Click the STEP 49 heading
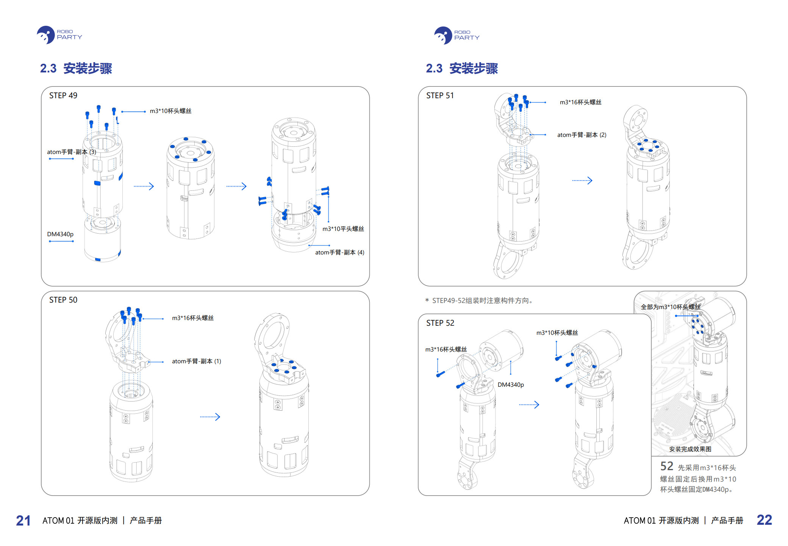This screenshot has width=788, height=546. [63, 96]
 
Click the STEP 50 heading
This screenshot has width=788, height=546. [63, 300]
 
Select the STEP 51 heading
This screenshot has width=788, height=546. [440, 96]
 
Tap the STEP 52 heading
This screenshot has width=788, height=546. [440, 323]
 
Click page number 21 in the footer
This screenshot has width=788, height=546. [23, 520]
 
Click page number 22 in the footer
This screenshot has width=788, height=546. [764, 520]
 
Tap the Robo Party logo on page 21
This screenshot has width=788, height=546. [59, 35]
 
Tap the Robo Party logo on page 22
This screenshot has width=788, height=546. [457, 35]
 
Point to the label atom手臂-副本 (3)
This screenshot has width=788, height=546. [72, 152]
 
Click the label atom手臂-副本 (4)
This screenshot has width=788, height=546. [339, 253]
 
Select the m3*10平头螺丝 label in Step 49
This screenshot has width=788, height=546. [343, 229]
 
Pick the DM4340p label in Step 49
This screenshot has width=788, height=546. [60, 234]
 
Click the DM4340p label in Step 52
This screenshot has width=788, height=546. [511, 385]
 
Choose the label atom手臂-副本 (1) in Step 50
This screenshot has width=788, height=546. [196, 361]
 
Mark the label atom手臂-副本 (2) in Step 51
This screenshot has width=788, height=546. [582, 135]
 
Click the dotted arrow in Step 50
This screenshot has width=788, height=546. [210, 417]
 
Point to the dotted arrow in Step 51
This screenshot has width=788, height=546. [582, 180]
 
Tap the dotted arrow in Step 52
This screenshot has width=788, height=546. [529, 405]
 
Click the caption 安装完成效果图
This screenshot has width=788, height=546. [690, 449]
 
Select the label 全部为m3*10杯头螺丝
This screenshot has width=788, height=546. [670, 307]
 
